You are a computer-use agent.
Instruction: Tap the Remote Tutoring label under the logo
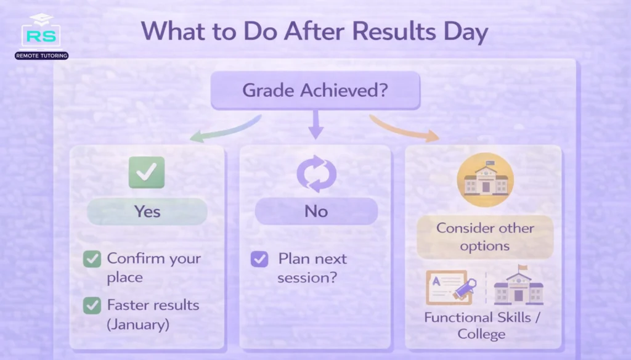[41, 55]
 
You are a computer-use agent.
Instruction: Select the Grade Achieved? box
[315, 91]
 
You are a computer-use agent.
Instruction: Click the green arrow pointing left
[224, 128]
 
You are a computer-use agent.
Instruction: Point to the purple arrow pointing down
[315, 125]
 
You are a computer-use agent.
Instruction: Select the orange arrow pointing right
[405, 128]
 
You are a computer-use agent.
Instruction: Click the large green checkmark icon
[146, 172]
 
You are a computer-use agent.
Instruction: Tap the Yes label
[147, 211]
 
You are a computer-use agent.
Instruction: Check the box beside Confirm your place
[92, 260]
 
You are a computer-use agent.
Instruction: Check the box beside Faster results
[92, 305]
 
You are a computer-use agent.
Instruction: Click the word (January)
[138, 324]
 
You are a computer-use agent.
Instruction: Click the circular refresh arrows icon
[316, 173]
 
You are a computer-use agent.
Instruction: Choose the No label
[315, 211]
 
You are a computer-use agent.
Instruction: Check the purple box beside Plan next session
[259, 259]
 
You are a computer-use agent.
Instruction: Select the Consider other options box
[485, 237]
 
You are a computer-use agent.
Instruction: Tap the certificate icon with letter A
[449, 288]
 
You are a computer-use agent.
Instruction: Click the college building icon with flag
[518, 287]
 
